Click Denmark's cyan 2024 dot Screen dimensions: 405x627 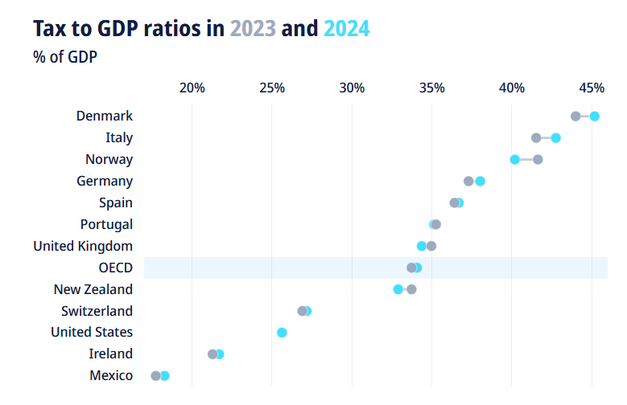(x=595, y=116)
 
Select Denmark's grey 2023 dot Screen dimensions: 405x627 (x=575, y=116)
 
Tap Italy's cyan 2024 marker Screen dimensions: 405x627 (x=555, y=137)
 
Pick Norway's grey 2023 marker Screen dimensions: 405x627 (x=538, y=159)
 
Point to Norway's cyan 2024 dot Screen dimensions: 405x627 (x=515, y=159)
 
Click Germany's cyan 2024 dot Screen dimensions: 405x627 (x=480, y=181)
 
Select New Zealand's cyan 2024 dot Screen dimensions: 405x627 (x=398, y=289)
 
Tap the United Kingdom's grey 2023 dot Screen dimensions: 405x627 (x=431, y=246)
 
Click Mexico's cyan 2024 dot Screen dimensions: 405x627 (x=165, y=375)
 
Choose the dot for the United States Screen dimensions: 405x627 (x=282, y=332)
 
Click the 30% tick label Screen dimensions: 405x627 (x=352, y=87)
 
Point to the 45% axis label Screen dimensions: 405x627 (x=592, y=87)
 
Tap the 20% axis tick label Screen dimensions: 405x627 (x=192, y=87)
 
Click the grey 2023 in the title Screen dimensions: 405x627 (x=253, y=29)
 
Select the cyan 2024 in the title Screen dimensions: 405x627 (x=346, y=29)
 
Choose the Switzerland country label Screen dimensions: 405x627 (x=97, y=311)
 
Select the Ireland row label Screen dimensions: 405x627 (x=111, y=354)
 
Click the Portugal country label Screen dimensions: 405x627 (x=106, y=224)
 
